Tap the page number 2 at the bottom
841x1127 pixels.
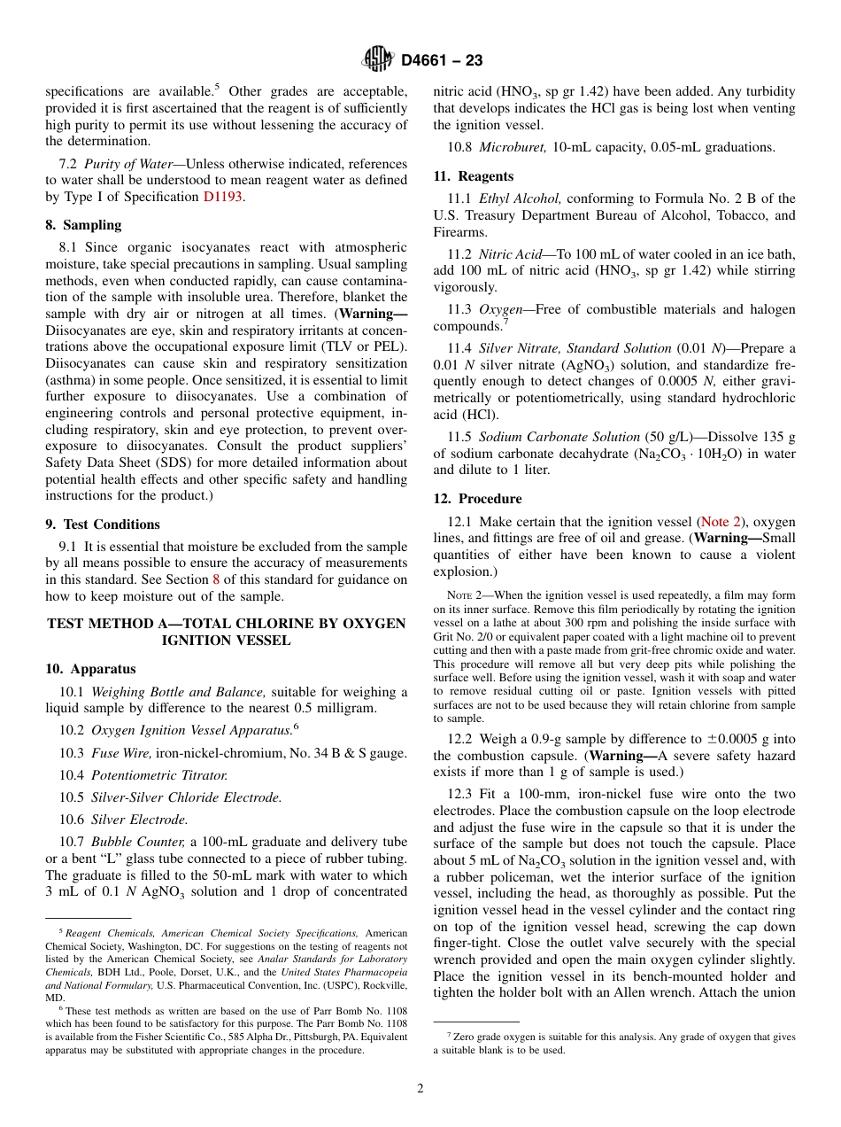point(420,1089)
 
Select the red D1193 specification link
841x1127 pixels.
point(222,197)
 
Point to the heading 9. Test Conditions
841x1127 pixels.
point(103,525)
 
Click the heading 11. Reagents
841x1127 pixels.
point(473,176)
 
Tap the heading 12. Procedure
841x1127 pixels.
point(477,499)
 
